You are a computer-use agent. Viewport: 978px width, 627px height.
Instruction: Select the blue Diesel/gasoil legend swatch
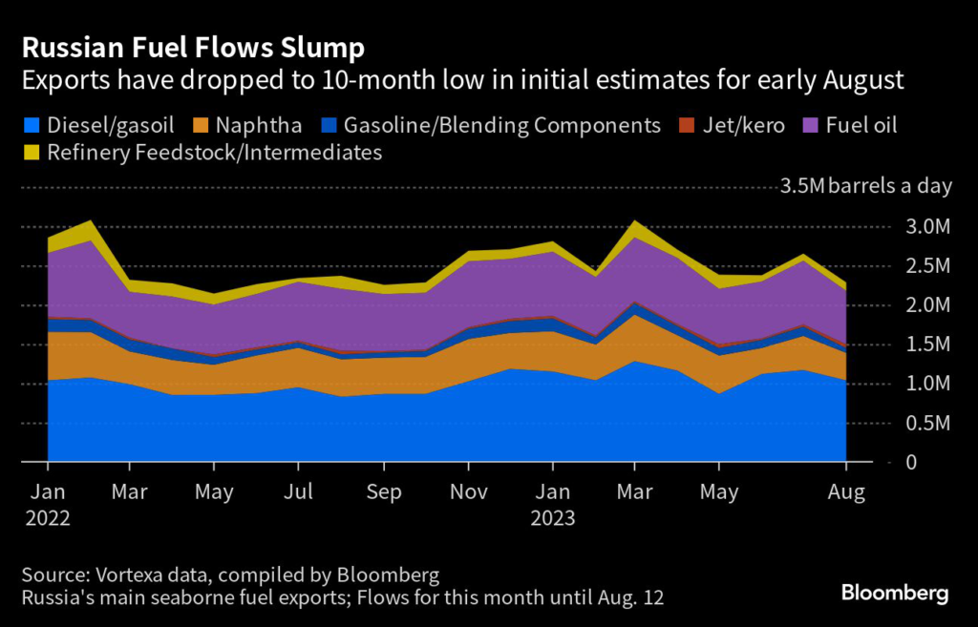coord(32,125)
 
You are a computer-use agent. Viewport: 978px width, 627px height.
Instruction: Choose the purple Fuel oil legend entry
coord(860,125)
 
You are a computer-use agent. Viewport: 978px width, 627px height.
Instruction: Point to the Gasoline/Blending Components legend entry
coord(502,125)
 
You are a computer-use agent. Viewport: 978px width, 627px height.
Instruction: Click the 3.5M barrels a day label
coord(866,186)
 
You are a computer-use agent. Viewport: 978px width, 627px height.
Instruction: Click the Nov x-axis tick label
coord(468,492)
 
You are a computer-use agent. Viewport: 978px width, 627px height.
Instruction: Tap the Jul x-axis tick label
coord(300,492)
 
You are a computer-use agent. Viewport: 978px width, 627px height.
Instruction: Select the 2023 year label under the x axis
coord(553,518)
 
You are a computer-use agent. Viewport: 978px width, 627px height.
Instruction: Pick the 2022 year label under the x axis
coord(48,518)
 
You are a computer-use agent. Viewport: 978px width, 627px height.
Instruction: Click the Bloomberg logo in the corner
coord(895,593)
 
